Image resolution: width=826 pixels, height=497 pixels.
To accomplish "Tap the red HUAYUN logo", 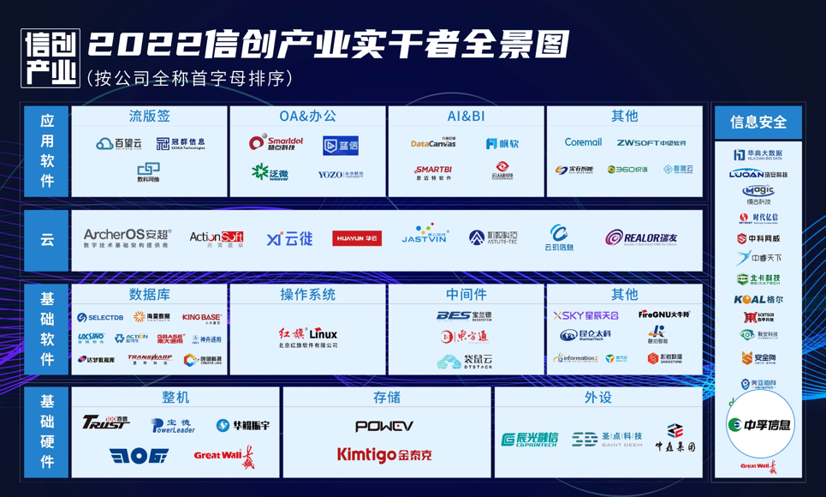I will pos(357,238).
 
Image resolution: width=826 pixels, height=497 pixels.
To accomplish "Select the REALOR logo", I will pos(641,238).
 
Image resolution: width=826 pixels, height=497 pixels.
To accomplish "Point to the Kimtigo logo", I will pos(384,455).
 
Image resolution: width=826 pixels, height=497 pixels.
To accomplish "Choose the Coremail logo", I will pos(583,142).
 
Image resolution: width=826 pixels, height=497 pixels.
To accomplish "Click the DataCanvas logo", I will pos(433,143).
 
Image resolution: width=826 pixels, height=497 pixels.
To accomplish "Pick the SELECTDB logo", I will pos(100,318).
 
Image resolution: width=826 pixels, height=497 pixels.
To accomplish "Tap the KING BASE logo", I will pos(201,318).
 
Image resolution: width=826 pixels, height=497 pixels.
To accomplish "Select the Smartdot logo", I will pos(276,143).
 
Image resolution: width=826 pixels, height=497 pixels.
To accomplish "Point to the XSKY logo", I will pos(585,316).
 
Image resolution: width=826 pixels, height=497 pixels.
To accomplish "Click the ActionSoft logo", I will pos(216,238).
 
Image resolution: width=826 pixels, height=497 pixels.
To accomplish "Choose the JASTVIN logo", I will pos(425,235).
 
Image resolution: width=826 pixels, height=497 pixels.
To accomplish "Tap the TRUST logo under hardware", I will pos(105,422).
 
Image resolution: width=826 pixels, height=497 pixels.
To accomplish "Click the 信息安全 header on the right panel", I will pos(758,123).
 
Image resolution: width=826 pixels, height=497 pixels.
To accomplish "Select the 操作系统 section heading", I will pos(308,295).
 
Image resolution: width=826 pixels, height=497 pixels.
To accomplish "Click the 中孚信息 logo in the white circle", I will pos(759,424).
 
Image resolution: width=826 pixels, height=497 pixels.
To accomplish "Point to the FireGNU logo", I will pos(664,314).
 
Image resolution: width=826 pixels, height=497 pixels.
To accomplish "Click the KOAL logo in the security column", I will pos(758,300).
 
